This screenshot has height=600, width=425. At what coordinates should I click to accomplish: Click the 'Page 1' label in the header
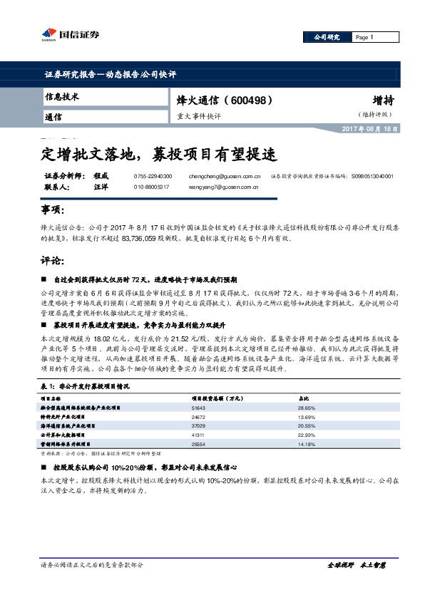coord(364,37)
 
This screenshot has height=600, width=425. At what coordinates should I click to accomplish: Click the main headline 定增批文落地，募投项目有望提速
coord(156,152)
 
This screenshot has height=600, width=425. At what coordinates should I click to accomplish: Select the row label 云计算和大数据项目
coord(63,434)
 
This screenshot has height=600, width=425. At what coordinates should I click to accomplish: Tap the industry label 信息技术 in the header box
coord(62,96)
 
